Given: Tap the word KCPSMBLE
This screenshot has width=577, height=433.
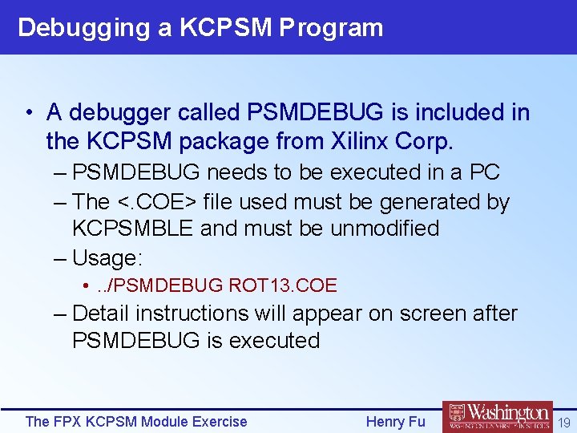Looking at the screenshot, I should coord(133,229).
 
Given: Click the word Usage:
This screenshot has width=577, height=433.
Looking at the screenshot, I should coord(107,258).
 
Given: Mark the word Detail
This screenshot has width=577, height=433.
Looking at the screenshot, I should coord(103,314).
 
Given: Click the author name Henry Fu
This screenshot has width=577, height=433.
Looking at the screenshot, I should coord(395,421).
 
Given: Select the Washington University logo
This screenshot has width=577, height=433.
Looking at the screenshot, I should coord(498,416).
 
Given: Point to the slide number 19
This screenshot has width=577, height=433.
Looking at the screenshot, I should coord(564,422).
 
